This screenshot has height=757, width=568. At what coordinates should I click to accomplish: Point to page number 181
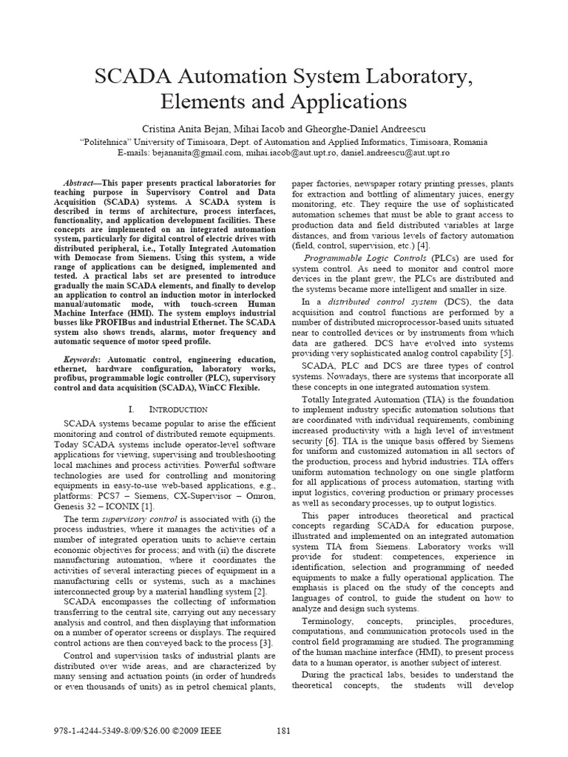[283, 731]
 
